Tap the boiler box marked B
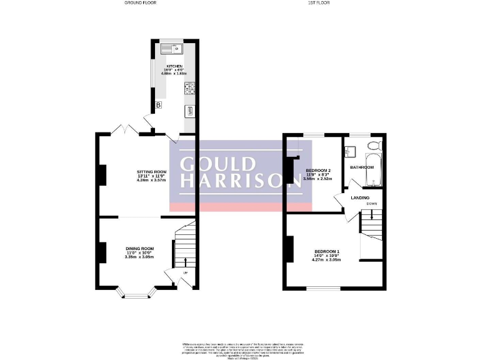(158, 105)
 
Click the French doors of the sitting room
(127, 131)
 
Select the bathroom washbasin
(350, 151)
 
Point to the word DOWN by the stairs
(372, 204)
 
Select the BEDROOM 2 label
(318, 171)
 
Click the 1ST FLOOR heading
(319, 3)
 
